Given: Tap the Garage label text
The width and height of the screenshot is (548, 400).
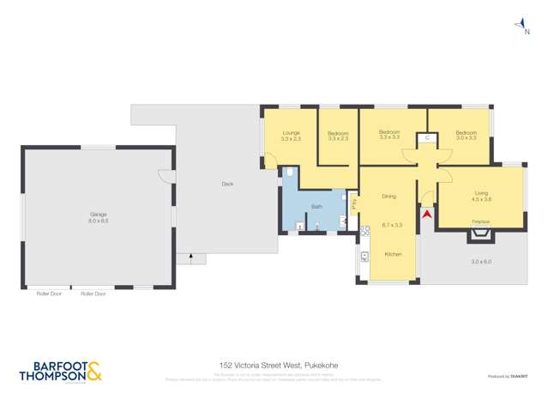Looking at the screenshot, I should (x=99, y=215).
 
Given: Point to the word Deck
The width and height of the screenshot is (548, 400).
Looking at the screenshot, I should (x=227, y=184).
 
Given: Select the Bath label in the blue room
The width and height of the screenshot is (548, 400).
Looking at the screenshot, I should (x=316, y=207).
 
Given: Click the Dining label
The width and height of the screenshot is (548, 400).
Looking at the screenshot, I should (x=388, y=197).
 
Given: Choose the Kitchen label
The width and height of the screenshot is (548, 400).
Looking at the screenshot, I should (x=393, y=254).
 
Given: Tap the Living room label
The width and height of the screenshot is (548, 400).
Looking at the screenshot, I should (x=481, y=193).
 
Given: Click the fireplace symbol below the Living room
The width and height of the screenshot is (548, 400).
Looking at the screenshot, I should (x=481, y=233).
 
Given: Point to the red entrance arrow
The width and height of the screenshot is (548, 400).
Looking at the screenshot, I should (x=427, y=214).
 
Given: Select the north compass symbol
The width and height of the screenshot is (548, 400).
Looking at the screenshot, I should (x=521, y=26).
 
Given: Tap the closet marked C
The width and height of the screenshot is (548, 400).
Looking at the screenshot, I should (x=427, y=137).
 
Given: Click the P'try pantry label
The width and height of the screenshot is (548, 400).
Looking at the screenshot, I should (x=352, y=203).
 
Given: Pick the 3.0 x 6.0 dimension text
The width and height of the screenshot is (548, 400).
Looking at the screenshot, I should (x=481, y=262).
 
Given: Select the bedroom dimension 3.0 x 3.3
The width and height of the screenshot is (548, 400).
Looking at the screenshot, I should (x=466, y=138).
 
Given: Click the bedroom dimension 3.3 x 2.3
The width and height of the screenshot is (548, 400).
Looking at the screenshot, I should (x=338, y=138).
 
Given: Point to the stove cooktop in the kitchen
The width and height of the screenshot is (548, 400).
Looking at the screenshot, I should (x=364, y=256).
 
